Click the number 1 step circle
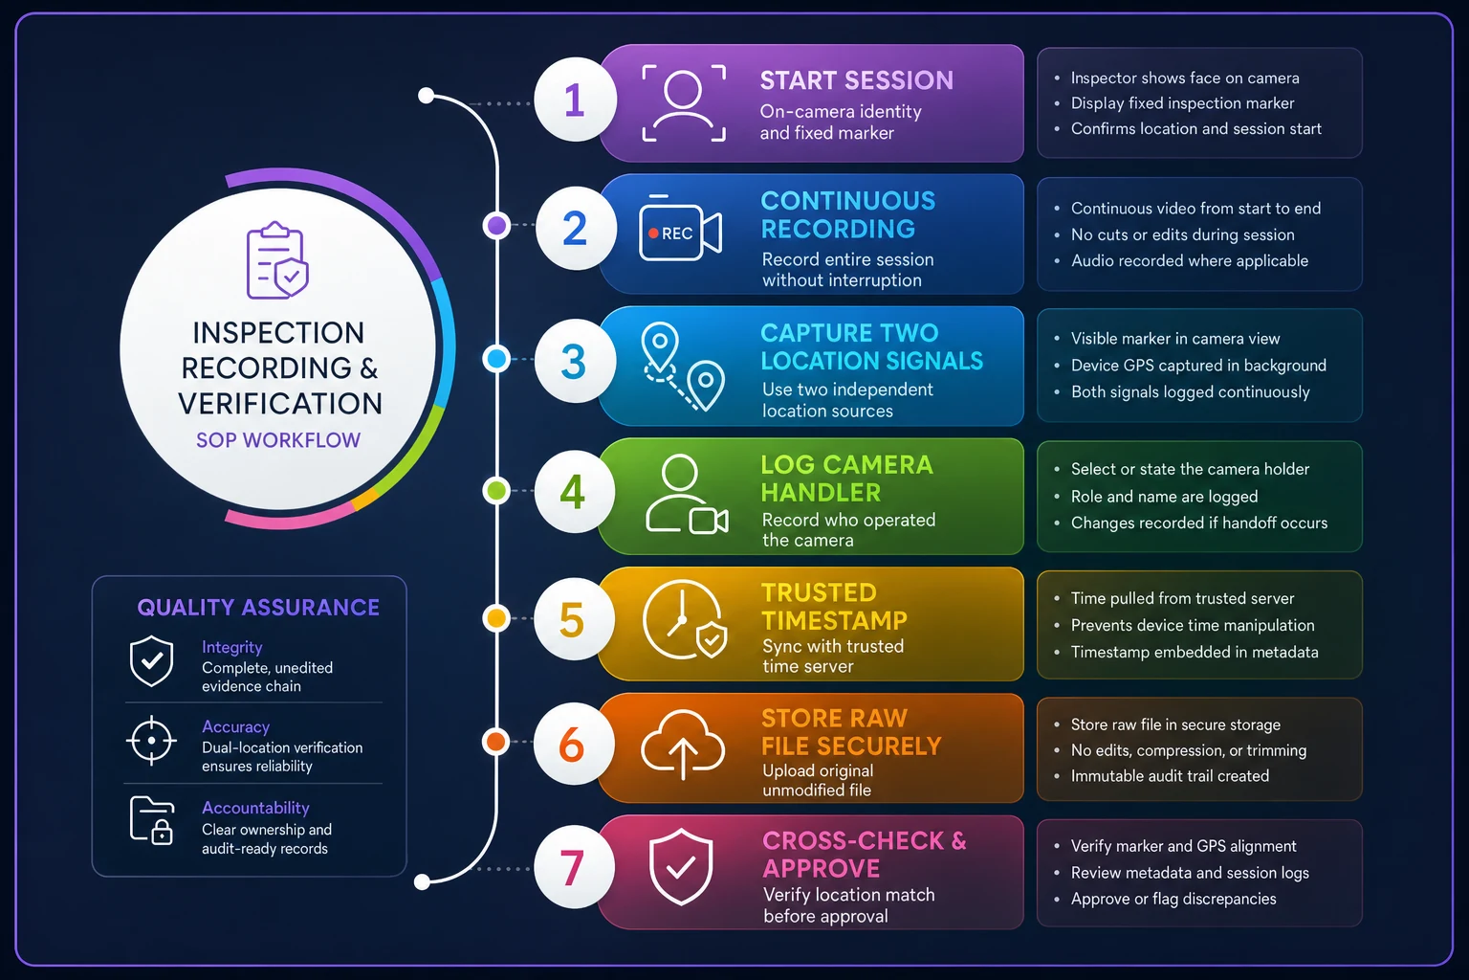(575, 100)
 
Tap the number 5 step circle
(574, 619)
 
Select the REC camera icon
(680, 229)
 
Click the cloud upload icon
(683, 744)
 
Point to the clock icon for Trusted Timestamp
(684, 619)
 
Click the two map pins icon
(683, 367)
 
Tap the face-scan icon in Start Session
(684, 103)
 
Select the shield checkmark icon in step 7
(681, 866)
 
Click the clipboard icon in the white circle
(277, 260)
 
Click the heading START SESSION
(857, 80)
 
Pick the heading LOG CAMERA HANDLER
(846, 479)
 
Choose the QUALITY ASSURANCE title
(258, 607)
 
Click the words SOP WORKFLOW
(278, 440)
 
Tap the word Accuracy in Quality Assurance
(236, 726)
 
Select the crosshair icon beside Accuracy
(151, 741)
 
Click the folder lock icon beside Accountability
(152, 820)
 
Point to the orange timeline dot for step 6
(496, 742)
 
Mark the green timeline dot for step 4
(496, 490)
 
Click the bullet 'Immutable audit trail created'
(1170, 776)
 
